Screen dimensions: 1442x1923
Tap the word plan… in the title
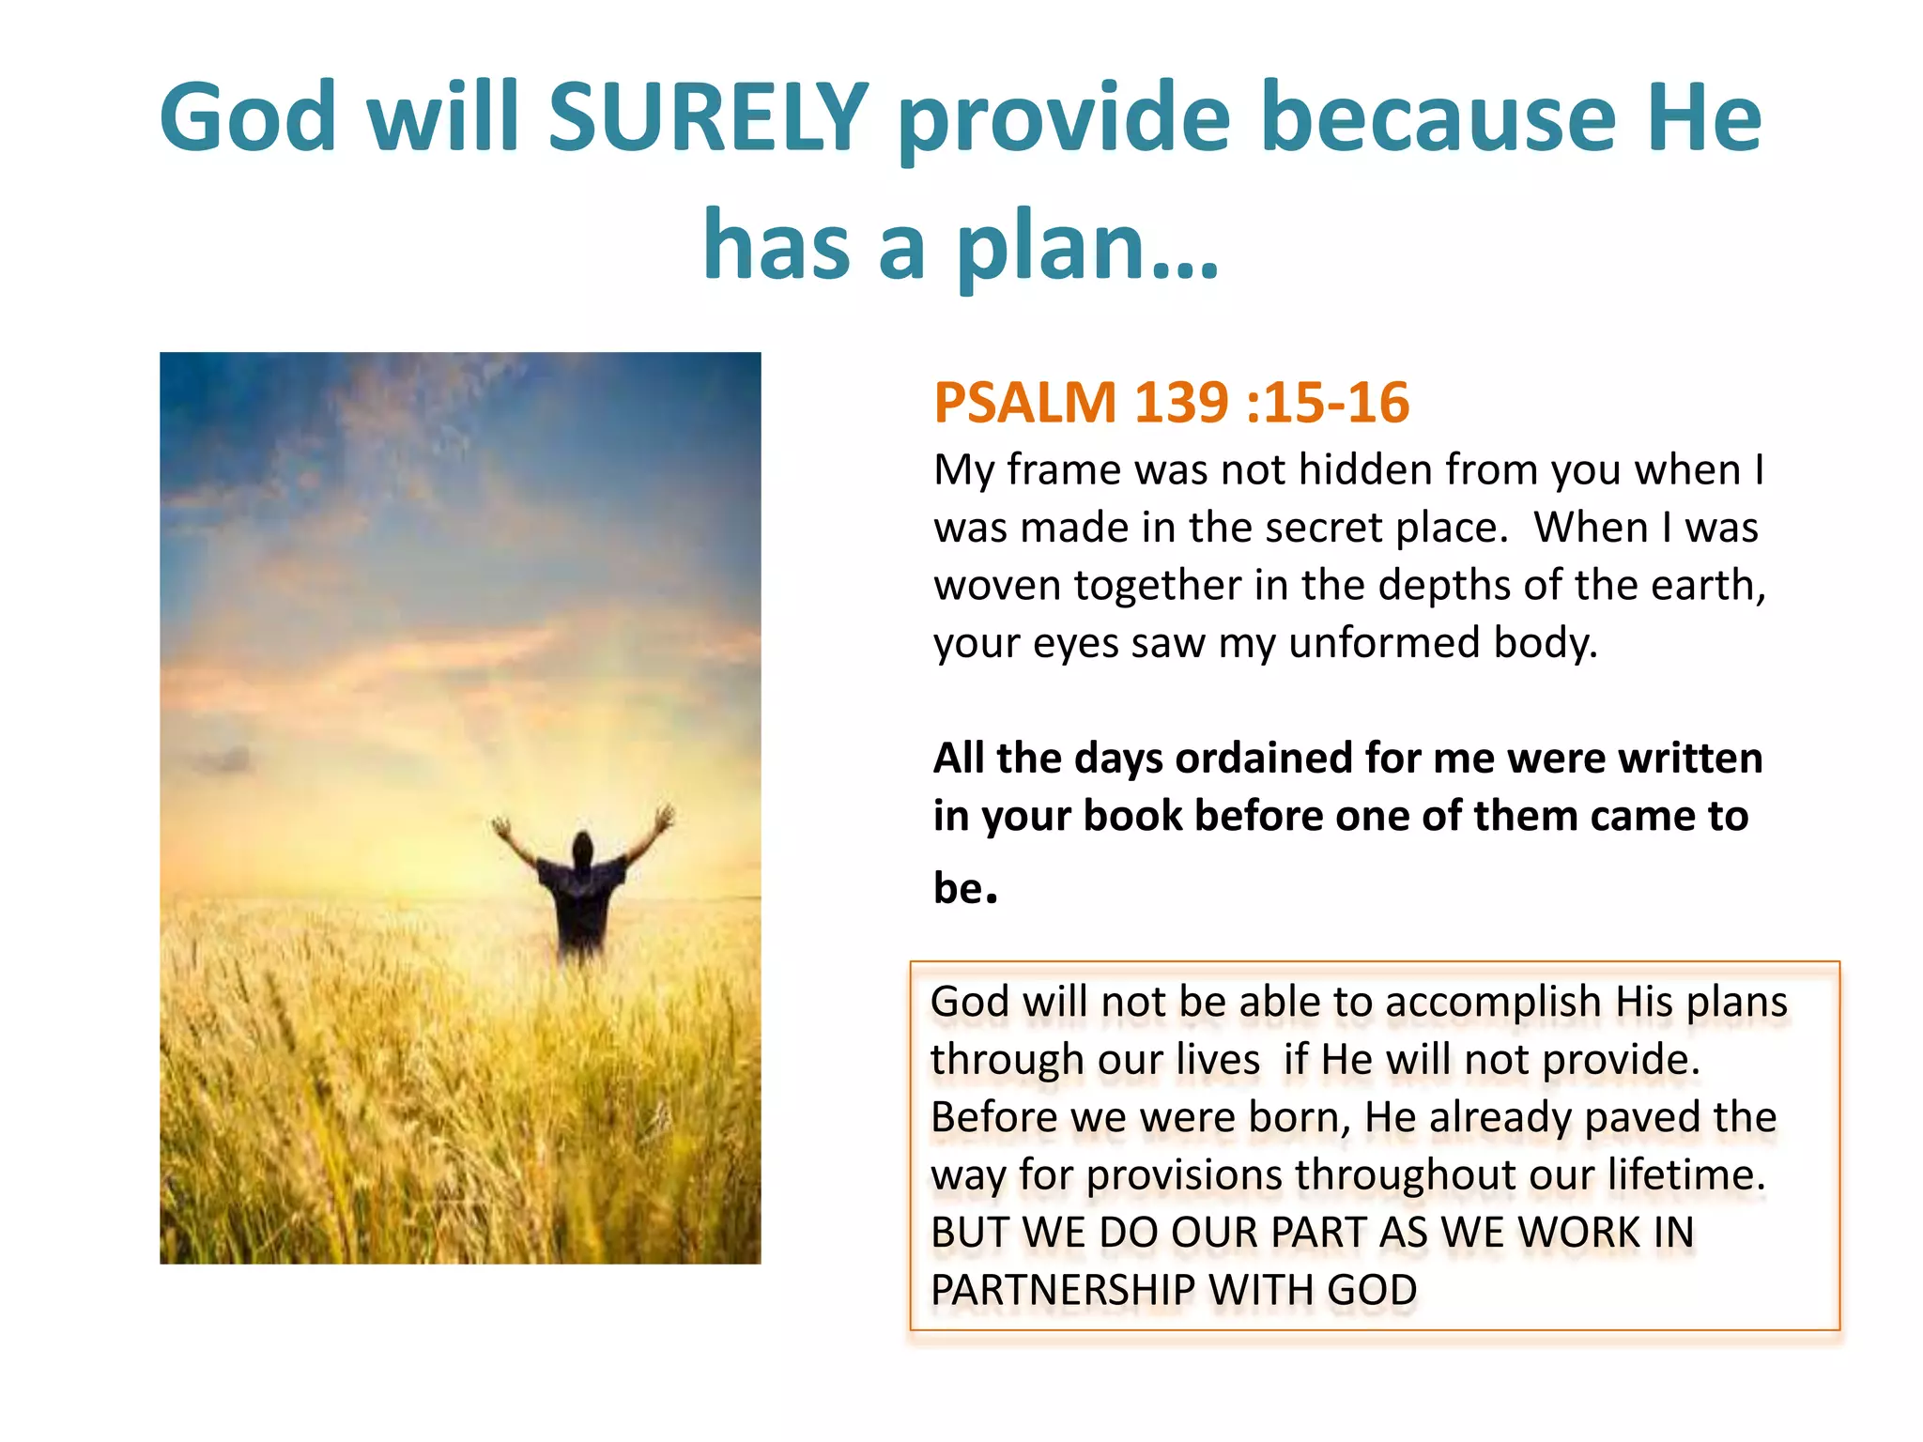click(1087, 246)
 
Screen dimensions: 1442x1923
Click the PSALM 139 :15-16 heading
click(1171, 403)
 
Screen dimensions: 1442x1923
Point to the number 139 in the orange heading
click(1181, 403)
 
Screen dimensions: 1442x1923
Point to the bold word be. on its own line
click(964, 888)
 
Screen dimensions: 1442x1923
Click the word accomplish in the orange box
click(1492, 1003)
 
